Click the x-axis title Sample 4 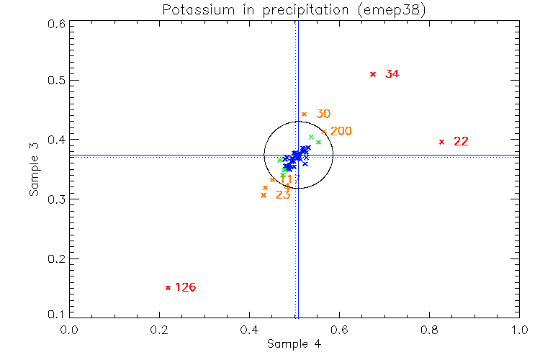pos(294,343)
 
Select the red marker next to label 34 pos(373,74)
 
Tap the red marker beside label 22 pos(441,141)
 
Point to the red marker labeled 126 pos(168,287)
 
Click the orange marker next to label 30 pos(304,114)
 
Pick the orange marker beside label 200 pos(324,132)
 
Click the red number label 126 pos(185,287)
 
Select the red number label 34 pos(392,74)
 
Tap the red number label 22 pos(461,141)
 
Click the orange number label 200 pos(341,131)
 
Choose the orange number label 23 pos(283,194)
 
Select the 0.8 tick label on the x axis pos(430,329)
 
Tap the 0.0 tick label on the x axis pos(70,329)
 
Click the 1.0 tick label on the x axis pos(519,329)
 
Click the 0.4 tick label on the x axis pos(250,329)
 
